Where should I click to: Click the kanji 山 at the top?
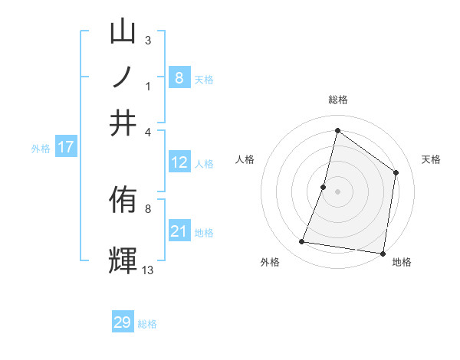tap(123, 32)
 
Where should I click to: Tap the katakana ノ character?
tap(123, 77)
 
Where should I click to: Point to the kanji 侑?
tap(123, 201)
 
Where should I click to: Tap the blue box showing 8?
tap(179, 77)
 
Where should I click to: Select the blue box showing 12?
tap(179, 162)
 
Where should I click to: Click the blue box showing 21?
tap(179, 231)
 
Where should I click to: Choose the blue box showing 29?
tap(123, 322)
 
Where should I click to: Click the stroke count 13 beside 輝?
tap(148, 270)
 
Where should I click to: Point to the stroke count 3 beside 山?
tap(148, 40)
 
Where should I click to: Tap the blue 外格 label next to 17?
tap(41, 149)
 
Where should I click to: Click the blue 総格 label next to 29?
tap(147, 323)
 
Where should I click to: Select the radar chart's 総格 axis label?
tap(337, 100)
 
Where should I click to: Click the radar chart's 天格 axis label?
tap(432, 159)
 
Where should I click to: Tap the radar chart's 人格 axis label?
tap(245, 159)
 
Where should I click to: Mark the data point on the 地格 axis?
tap(383, 253)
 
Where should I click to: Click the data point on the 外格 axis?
tap(302, 242)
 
